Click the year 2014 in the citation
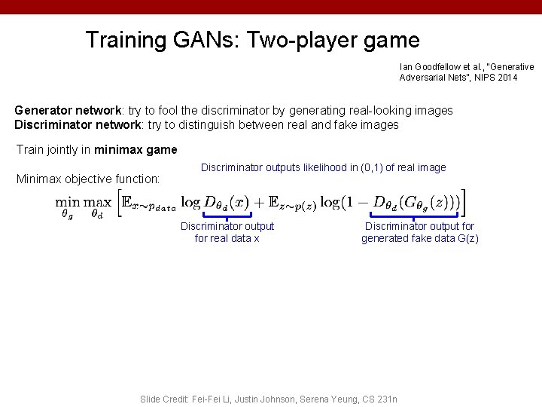(x=507, y=78)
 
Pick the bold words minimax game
(x=135, y=150)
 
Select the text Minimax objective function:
(x=88, y=179)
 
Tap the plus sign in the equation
(x=259, y=202)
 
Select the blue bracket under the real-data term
(x=227, y=217)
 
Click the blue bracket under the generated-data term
(x=419, y=217)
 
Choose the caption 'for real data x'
(x=227, y=239)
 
